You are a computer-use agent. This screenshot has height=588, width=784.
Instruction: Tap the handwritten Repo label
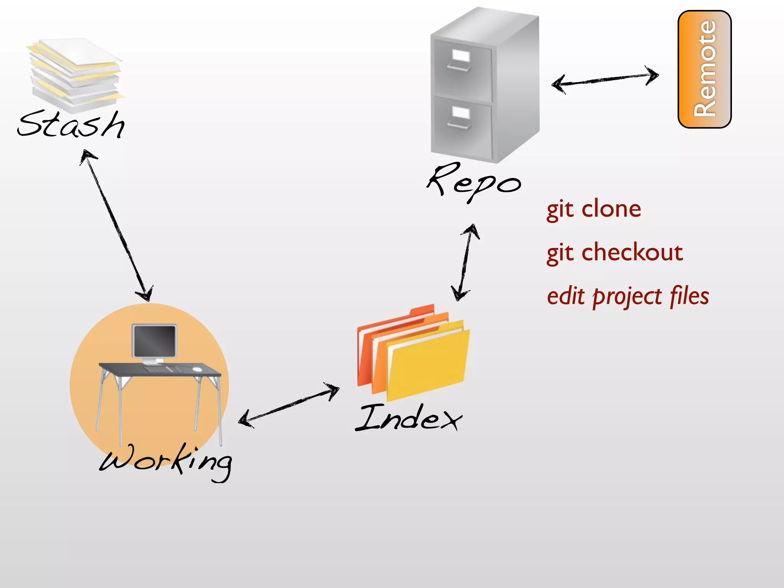(x=474, y=182)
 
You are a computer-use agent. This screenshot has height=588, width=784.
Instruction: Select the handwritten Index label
(x=409, y=418)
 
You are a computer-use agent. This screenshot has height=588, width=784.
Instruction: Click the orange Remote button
(x=704, y=69)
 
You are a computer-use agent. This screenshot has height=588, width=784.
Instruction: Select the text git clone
(x=594, y=209)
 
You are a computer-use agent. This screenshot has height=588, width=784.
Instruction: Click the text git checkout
(x=614, y=253)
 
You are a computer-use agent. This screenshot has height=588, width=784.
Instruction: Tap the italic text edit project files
(x=628, y=296)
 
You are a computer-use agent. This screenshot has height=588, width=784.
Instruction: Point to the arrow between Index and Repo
(x=465, y=262)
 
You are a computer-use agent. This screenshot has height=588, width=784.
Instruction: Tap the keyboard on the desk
(x=163, y=369)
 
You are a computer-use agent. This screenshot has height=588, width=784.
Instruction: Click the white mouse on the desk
(x=197, y=369)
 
